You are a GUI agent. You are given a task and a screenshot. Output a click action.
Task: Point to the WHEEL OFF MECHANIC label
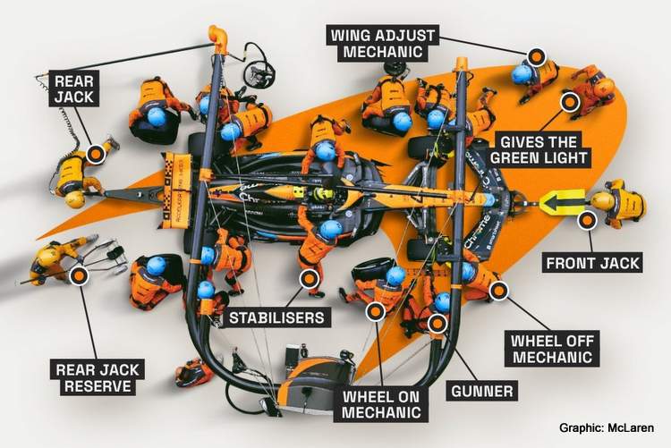(551, 348)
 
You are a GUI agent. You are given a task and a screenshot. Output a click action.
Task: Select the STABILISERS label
(276, 317)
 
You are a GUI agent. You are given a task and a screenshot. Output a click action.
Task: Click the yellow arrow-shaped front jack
(561, 201)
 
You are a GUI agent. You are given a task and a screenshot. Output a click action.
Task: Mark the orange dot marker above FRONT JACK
(587, 220)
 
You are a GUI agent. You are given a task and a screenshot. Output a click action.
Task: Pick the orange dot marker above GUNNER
(437, 323)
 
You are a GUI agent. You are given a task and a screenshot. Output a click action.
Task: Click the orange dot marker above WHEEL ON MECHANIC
(377, 310)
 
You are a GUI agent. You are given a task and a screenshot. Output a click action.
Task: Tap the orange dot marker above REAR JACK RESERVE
(80, 276)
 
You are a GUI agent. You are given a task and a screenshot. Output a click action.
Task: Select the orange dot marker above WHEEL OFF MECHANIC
(498, 290)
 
